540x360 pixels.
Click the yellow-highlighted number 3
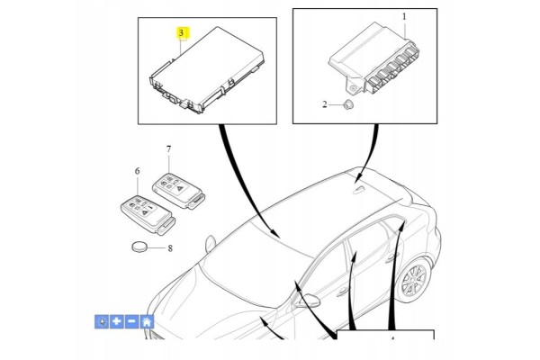pos(182,33)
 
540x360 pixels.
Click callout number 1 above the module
pos(405,16)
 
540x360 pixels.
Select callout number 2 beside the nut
pos(324,104)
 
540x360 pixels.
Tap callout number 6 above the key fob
pos(138,171)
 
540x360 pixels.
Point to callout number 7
pos(168,149)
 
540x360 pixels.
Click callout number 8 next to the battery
pos(170,248)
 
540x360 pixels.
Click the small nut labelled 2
pos(348,104)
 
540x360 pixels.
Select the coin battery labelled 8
pos(139,247)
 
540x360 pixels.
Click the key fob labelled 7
pos(179,191)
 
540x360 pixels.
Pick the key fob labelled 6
pos(148,214)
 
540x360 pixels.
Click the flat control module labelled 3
pos(207,70)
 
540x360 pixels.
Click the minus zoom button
pos(131,321)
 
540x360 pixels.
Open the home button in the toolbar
pos(147,321)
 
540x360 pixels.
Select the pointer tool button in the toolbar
pos(102,321)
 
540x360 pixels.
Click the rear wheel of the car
pos(414,279)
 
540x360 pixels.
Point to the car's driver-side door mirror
pos(307,301)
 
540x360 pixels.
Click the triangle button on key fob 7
pos(180,188)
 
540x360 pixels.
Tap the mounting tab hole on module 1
pos(353,89)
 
